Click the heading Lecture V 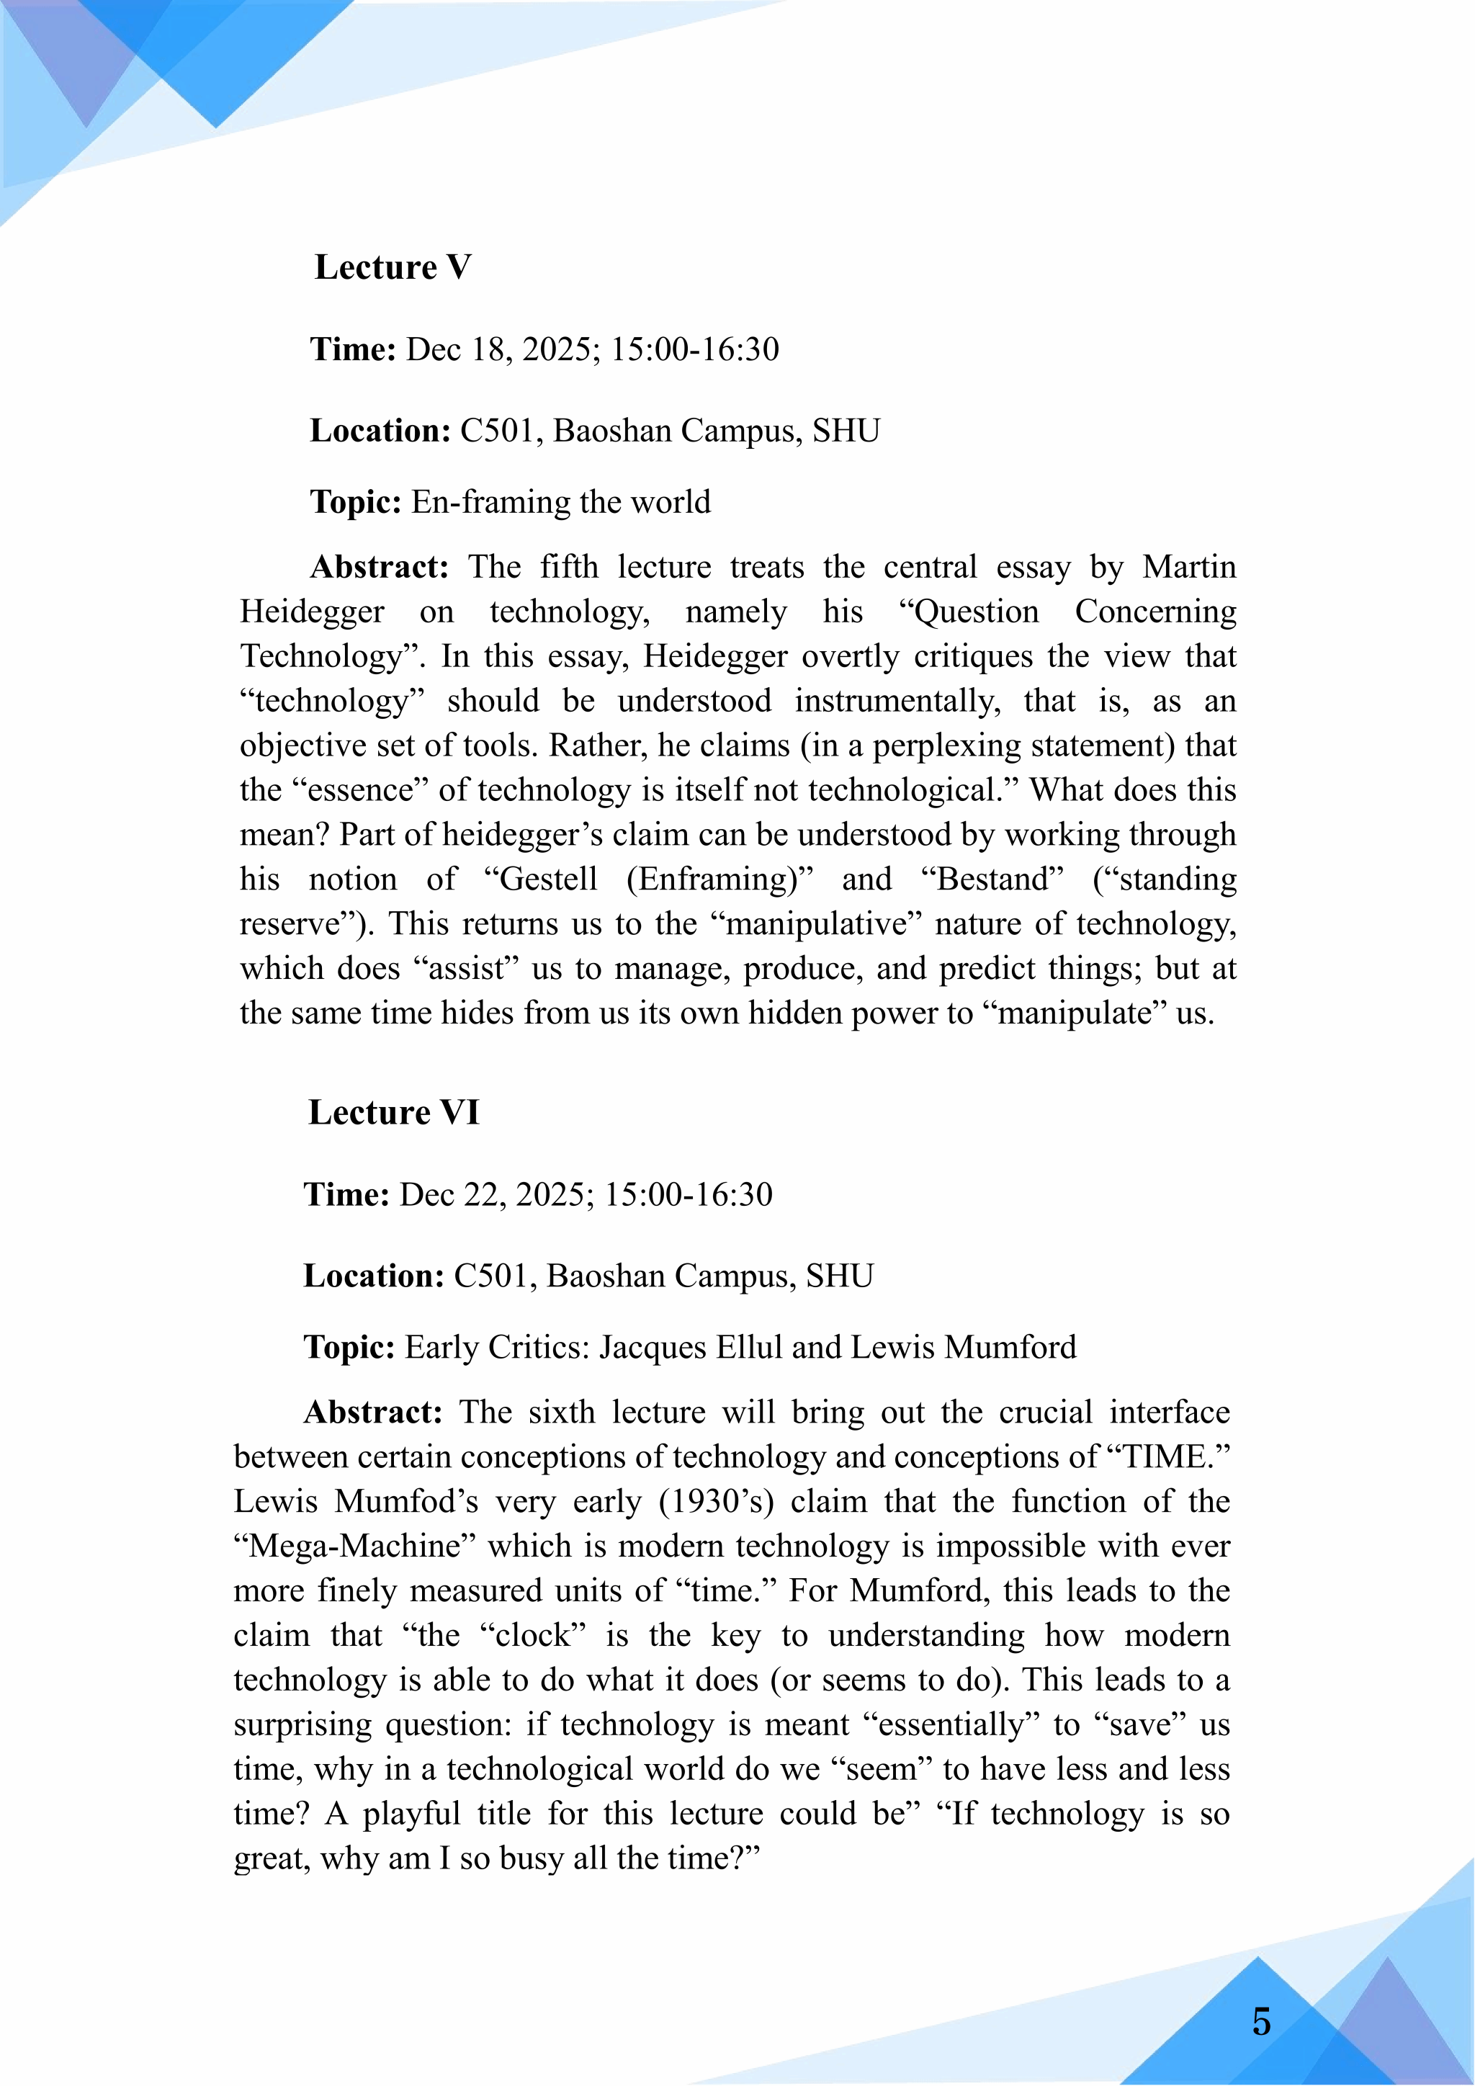click(393, 267)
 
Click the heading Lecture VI click(393, 1112)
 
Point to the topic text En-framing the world click(560, 501)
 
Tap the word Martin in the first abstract click(1189, 567)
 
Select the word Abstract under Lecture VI click(373, 1412)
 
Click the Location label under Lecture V click(380, 431)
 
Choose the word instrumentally click(897, 700)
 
